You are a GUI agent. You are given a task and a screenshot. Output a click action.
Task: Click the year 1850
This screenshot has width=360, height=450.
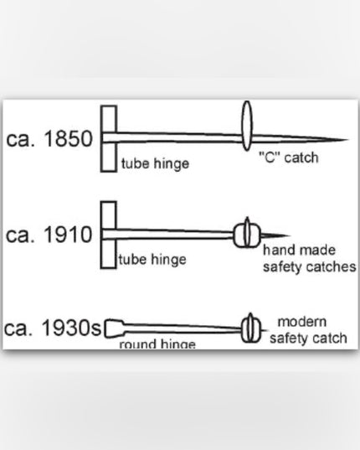click(68, 139)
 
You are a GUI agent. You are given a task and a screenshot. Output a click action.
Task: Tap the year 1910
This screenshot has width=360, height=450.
click(68, 235)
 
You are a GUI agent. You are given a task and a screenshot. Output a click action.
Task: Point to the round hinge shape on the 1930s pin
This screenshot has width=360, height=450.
click(115, 328)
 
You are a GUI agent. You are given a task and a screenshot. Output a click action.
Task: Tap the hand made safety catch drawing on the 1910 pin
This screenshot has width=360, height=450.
click(247, 234)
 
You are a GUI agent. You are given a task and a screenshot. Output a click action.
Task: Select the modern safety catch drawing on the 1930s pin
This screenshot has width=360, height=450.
click(251, 328)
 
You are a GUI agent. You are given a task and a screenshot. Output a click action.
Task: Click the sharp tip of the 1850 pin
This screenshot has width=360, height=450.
click(348, 140)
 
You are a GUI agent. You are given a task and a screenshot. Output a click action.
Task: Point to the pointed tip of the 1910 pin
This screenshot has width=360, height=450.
click(289, 235)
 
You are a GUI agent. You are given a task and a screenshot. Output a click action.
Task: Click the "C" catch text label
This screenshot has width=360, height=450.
click(288, 158)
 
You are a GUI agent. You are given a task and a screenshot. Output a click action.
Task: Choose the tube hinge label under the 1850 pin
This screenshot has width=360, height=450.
click(155, 164)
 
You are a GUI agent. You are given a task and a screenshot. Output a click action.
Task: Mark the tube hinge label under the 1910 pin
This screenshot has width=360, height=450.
click(152, 260)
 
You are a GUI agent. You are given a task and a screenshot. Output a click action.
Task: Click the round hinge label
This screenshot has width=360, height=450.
click(157, 344)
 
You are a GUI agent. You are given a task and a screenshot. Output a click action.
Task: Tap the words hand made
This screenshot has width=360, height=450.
click(299, 250)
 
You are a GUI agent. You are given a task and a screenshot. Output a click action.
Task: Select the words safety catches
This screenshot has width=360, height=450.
click(309, 267)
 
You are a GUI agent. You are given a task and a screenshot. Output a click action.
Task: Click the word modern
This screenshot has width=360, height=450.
click(302, 322)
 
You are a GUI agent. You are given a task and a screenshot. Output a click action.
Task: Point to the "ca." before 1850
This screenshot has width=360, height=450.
click(20, 139)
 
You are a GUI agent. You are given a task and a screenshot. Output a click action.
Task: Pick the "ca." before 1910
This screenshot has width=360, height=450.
click(20, 235)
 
